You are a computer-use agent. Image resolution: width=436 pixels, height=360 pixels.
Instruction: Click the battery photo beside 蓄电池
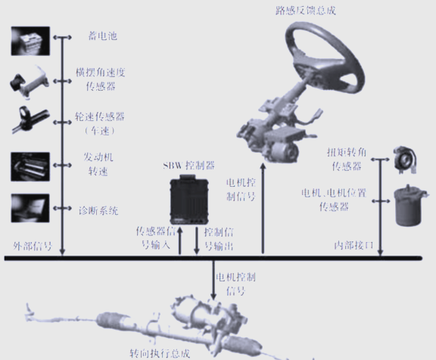pyautogui.click(x=30, y=41)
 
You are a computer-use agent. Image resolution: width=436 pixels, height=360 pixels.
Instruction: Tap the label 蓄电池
pyautogui.click(x=103, y=36)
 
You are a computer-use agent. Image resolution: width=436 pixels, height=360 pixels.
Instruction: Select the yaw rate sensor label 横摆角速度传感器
pyautogui.click(x=101, y=79)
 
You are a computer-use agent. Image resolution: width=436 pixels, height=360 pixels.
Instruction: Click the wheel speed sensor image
pyautogui.click(x=30, y=119)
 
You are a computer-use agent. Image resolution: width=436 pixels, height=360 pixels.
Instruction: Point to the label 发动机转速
pyautogui.click(x=98, y=164)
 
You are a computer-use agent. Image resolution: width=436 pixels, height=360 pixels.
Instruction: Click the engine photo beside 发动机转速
pyautogui.click(x=30, y=166)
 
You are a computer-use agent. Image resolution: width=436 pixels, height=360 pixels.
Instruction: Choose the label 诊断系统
pyautogui.click(x=98, y=211)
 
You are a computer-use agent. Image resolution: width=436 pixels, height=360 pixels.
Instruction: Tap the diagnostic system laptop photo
pyautogui.click(x=30, y=208)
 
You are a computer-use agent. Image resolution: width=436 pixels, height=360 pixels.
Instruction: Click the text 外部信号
pyautogui.click(x=33, y=246)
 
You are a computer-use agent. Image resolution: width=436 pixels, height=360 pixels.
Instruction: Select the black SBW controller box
pyautogui.click(x=189, y=200)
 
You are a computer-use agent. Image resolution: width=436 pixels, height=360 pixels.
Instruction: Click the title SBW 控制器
pyautogui.click(x=188, y=166)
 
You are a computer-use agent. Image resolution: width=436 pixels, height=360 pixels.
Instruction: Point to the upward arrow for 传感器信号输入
pyautogui.click(x=180, y=241)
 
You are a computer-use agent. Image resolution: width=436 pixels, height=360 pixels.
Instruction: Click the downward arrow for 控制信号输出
pyautogui.click(x=197, y=241)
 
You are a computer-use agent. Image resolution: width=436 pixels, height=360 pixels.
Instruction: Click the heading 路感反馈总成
pyautogui.click(x=306, y=11)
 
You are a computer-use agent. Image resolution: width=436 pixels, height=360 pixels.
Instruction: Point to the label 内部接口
pyautogui.click(x=353, y=245)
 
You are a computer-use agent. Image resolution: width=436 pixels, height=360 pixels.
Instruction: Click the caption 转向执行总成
pyautogui.click(x=160, y=353)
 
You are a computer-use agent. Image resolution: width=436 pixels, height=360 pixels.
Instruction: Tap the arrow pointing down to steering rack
pyautogui.click(x=213, y=280)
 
